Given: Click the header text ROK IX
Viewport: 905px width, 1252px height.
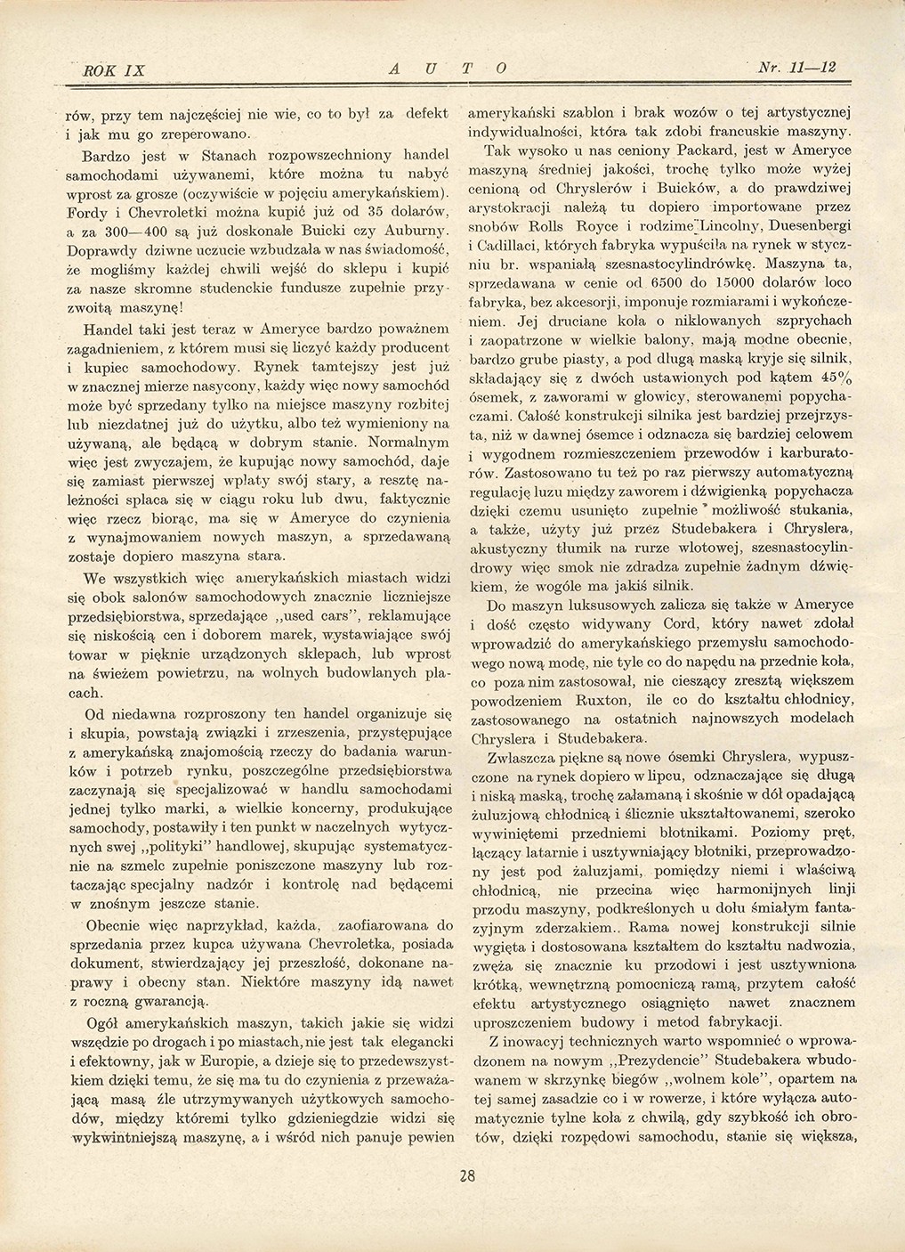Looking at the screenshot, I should point(105,69).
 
